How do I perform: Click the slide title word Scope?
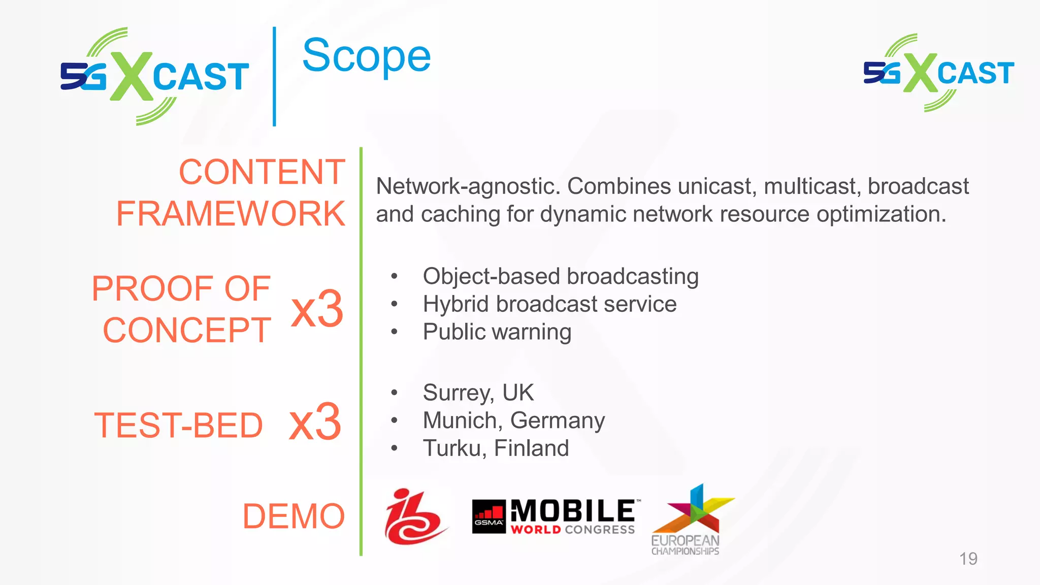tap(366, 57)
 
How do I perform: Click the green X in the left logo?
tap(131, 76)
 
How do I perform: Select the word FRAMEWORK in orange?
tap(231, 213)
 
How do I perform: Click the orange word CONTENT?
tap(262, 172)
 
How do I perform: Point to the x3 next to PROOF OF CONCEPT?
tap(317, 309)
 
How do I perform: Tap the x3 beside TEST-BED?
tap(315, 422)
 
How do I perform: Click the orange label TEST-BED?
tap(179, 425)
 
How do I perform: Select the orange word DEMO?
tap(294, 516)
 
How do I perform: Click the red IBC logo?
tap(413, 516)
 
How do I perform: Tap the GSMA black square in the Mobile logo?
tap(489, 516)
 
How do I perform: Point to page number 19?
tap(968, 559)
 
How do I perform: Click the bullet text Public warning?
tap(497, 332)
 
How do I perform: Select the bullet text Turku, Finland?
tap(496, 448)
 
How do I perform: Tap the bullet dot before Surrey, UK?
tap(394, 393)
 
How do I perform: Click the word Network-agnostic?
tap(468, 186)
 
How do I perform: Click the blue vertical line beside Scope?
tap(274, 76)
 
